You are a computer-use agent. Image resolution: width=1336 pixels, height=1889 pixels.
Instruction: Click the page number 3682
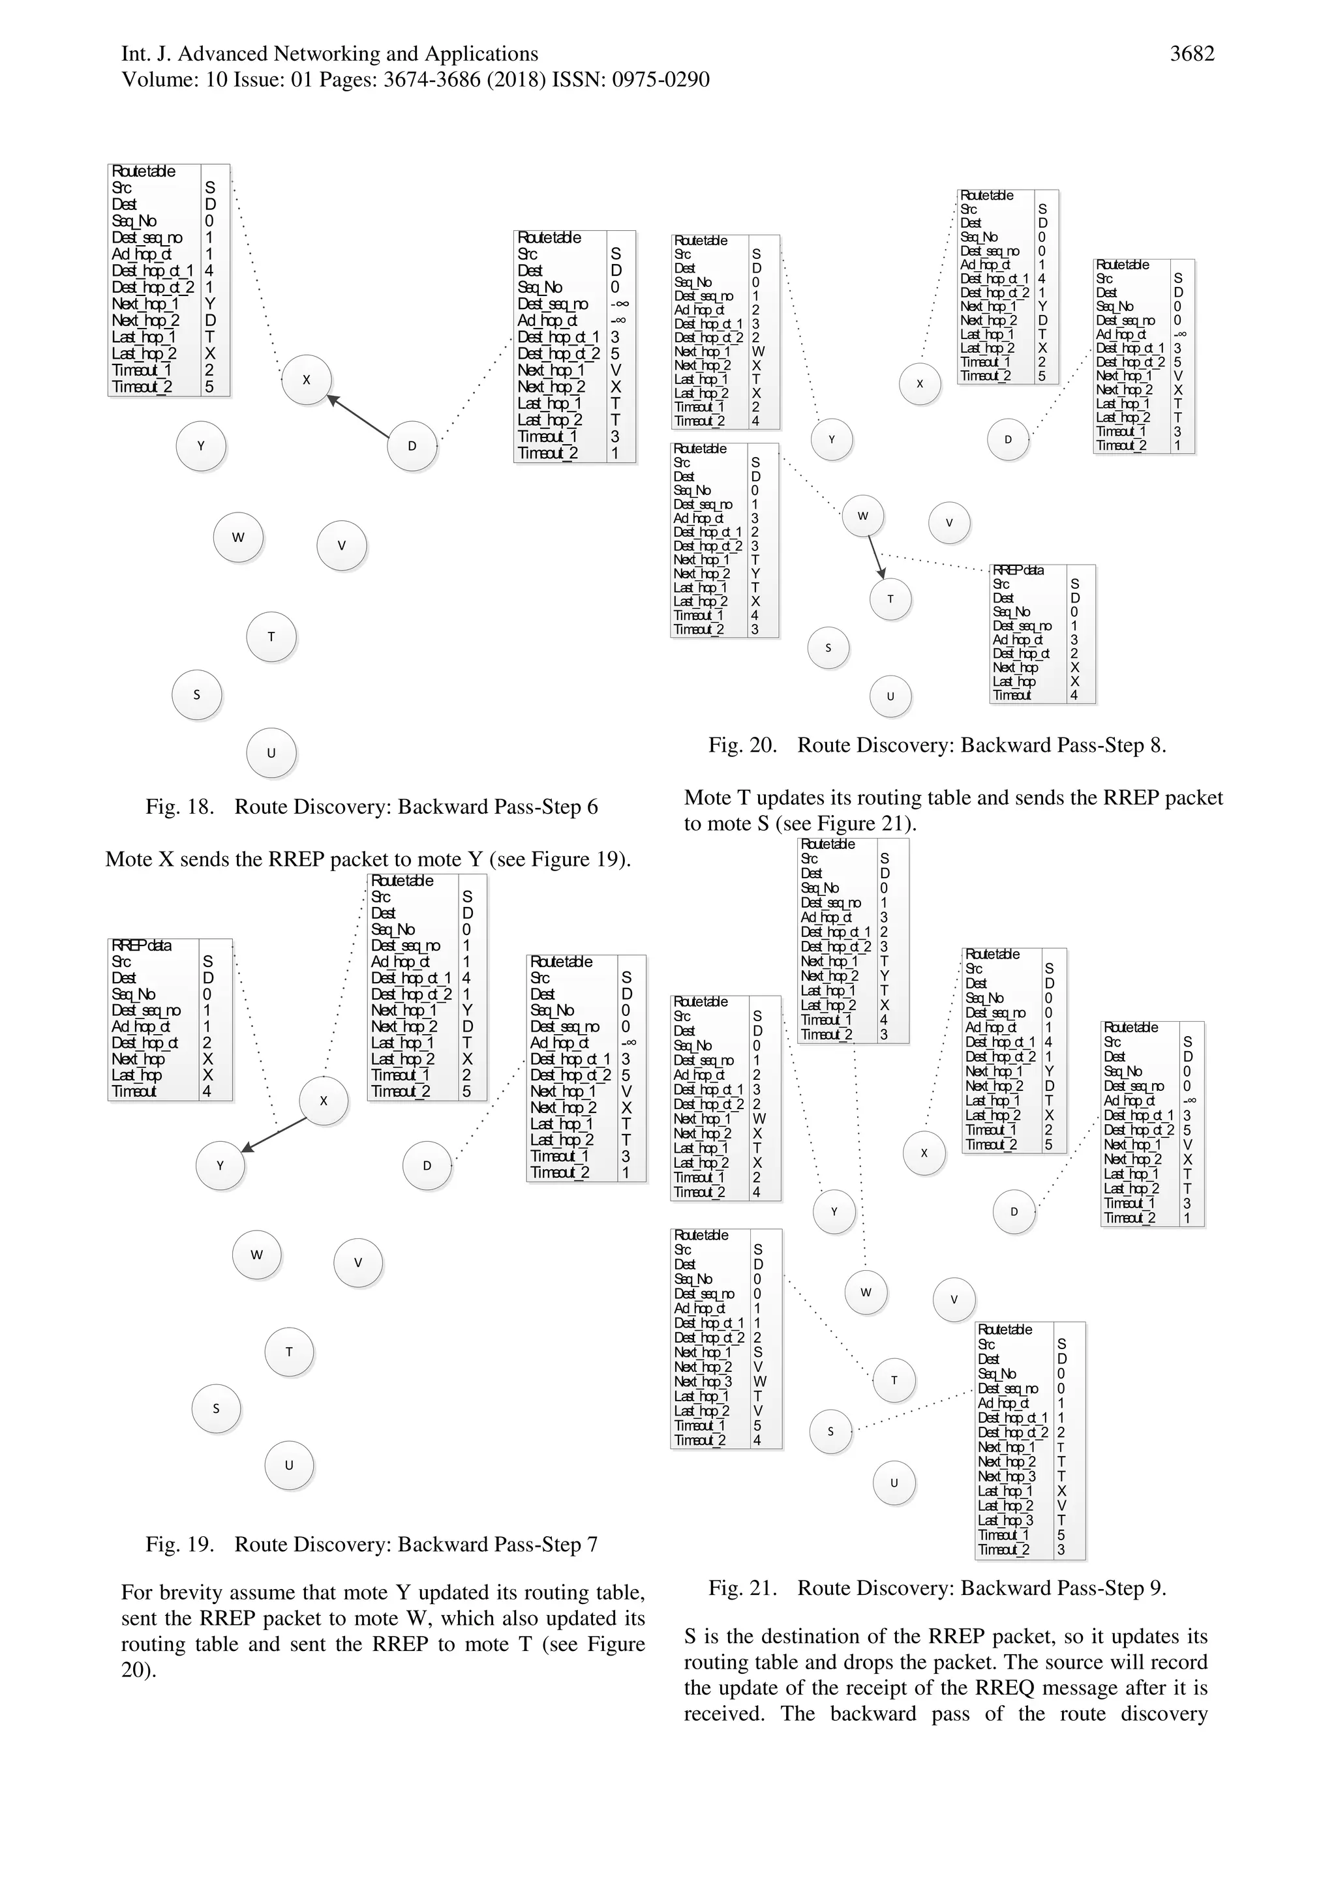[x=1192, y=54]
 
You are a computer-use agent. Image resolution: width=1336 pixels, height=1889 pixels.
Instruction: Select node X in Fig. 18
[x=306, y=380]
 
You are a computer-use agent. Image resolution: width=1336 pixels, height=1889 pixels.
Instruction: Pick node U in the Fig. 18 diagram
[x=271, y=753]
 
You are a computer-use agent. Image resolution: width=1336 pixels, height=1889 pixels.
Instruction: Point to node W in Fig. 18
[x=238, y=537]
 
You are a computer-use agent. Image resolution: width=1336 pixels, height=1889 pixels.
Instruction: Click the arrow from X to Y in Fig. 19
[x=273, y=1135]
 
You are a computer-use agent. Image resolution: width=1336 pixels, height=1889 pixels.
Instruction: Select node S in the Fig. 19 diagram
[x=216, y=1408]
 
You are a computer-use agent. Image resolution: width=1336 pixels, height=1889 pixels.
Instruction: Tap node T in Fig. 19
[x=289, y=1351]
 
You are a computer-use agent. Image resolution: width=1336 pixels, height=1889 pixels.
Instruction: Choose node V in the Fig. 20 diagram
[x=949, y=522]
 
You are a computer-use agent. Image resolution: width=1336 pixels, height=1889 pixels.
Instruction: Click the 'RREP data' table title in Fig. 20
[x=1018, y=570]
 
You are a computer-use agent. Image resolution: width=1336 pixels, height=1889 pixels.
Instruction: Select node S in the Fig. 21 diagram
[x=830, y=1431]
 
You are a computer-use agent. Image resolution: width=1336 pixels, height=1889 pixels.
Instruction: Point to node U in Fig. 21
[x=894, y=1483]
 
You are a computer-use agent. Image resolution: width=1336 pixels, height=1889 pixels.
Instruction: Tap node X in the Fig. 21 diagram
[x=924, y=1153]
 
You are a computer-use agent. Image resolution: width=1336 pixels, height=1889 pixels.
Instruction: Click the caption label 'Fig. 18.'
[x=179, y=807]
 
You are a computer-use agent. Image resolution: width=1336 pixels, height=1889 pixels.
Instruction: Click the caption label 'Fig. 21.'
[x=742, y=1588]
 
